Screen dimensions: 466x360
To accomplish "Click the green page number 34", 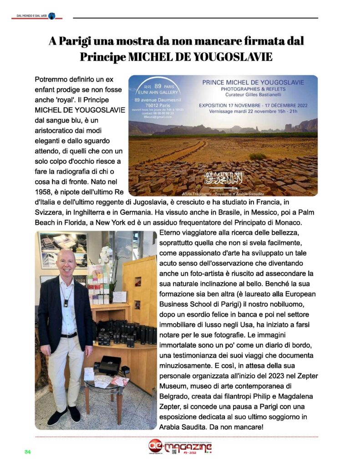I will (27, 451).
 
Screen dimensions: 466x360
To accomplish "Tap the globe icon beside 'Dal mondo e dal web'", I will (51, 16).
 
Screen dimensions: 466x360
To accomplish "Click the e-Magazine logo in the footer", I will (180, 448).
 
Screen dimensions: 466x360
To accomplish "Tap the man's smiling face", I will (66, 263).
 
